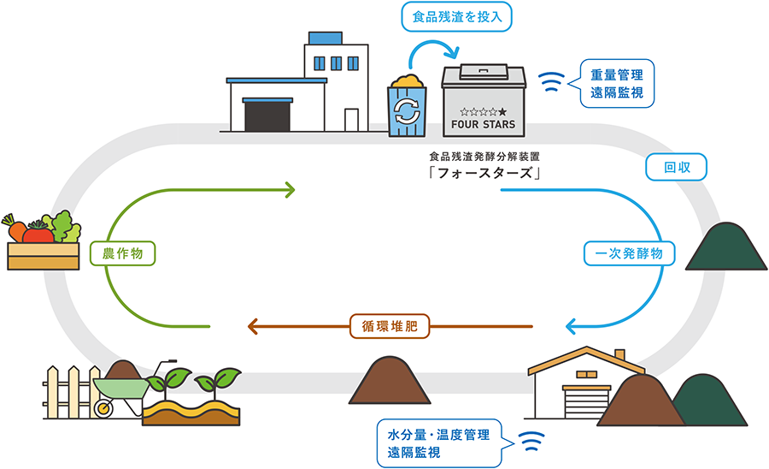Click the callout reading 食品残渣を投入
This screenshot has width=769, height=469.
pos(451,15)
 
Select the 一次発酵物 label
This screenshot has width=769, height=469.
pos(630,253)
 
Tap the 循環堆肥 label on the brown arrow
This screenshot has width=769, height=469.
pos(389,326)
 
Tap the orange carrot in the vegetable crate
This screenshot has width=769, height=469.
pos(17,229)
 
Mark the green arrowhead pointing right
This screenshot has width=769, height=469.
pos(291,187)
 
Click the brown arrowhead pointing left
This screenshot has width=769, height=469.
pos(253,326)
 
